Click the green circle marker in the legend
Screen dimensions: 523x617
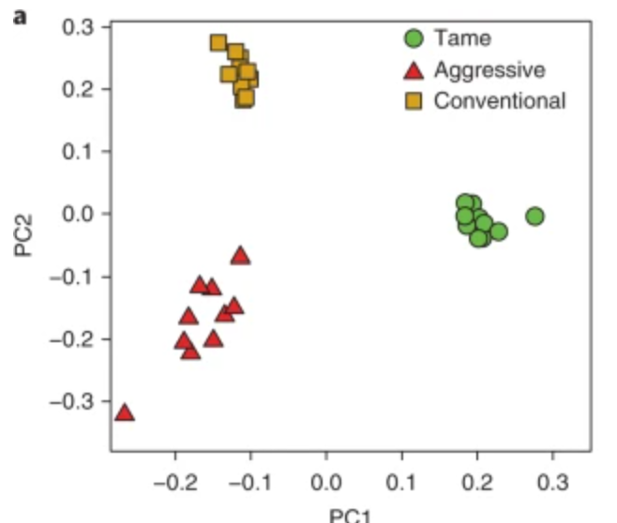(414, 40)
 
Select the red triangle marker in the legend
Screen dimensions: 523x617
(414, 70)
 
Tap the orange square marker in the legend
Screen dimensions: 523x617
(414, 100)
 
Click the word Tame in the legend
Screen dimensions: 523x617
(462, 39)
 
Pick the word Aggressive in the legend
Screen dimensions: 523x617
(489, 69)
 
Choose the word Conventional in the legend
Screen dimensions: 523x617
(500, 100)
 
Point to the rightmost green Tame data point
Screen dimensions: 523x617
(534, 217)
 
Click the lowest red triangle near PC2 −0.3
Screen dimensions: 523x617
(124, 412)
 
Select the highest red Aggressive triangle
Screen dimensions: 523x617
(241, 255)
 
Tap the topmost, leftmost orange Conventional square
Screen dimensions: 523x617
(218, 43)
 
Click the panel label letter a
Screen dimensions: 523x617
(16, 16)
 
